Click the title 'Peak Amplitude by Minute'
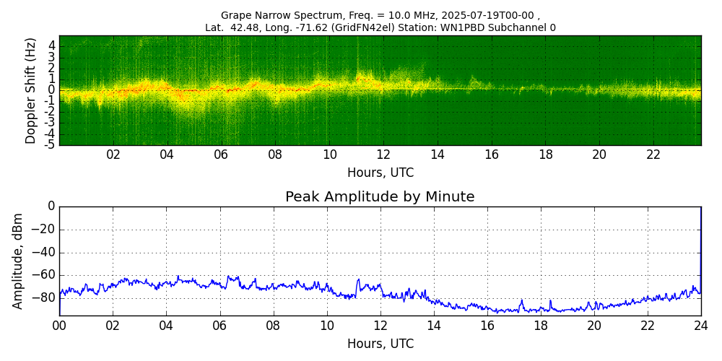point(380,197)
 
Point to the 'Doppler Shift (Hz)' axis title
point(30,90)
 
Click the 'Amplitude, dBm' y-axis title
point(19,261)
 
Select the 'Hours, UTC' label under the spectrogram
point(380,173)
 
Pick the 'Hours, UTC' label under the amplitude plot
point(380,344)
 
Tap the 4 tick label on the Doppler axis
point(51,45)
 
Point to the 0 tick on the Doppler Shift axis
point(51,90)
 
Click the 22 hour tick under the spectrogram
point(653,155)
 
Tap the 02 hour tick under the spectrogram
point(113,155)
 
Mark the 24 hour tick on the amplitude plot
point(701,326)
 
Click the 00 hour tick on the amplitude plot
point(59,326)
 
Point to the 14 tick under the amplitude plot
point(434,326)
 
